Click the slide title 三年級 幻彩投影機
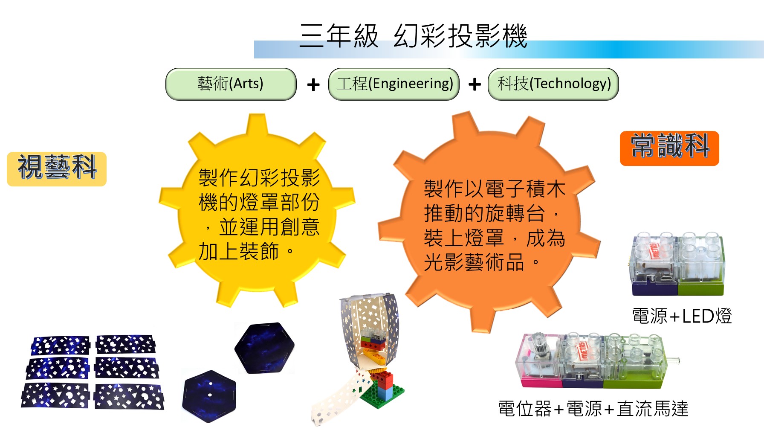[413, 36]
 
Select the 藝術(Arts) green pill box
[231, 84]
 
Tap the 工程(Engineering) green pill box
[394, 84]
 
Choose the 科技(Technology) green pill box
[553, 84]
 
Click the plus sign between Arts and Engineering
[313, 84]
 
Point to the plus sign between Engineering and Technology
[475, 84]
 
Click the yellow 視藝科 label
[57, 169]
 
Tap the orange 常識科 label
[669, 148]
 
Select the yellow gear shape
[257, 211]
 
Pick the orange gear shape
[489, 222]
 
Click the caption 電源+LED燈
[682, 316]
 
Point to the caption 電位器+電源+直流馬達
[593, 409]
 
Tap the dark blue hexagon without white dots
[264, 348]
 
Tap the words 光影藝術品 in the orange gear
[474, 262]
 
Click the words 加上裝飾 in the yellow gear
[239, 251]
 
